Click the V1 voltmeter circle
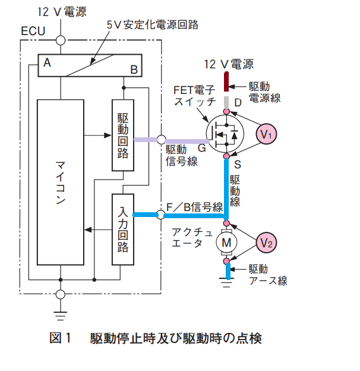tap(266, 134)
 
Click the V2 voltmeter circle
tap(266, 243)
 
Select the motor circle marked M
tap(226, 243)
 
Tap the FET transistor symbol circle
tap(225, 134)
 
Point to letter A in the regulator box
tap(47, 62)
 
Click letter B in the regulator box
tap(134, 70)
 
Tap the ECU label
tap(33, 31)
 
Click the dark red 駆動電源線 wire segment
tap(226, 81)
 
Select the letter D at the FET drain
tap(238, 103)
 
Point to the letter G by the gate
tap(202, 148)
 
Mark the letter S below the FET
tap(237, 164)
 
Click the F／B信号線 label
tap(194, 207)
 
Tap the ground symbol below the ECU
tap(61, 316)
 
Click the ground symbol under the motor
tap(226, 283)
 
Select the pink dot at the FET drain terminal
tap(226, 111)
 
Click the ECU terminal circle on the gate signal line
tap(161, 140)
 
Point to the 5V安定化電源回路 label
tap(153, 24)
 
